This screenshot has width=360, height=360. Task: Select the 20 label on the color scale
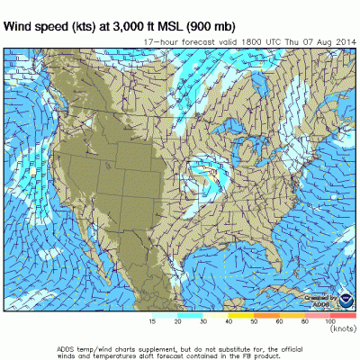pyautogui.click(x=176, y=320)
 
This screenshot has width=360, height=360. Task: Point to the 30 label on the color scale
pyautogui.click(x=202, y=320)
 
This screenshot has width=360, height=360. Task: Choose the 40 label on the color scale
pyautogui.click(x=229, y=320)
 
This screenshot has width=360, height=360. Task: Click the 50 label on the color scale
pyautogui.click(x=255, y=320)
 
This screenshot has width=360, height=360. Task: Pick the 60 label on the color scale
pyautogui.click(x=280, y=320)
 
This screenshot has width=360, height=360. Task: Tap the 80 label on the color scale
pyautogui.click(x=306, y=320)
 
